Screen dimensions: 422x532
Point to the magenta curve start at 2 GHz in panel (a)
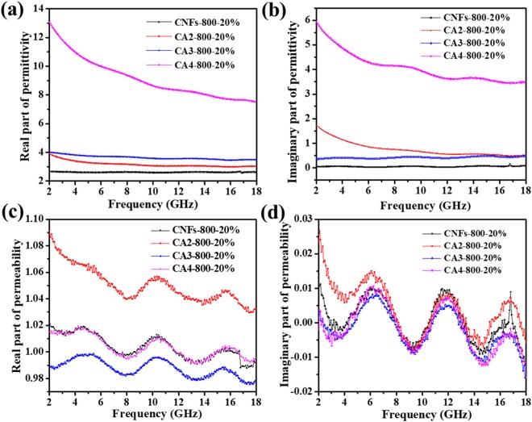point(49,23)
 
